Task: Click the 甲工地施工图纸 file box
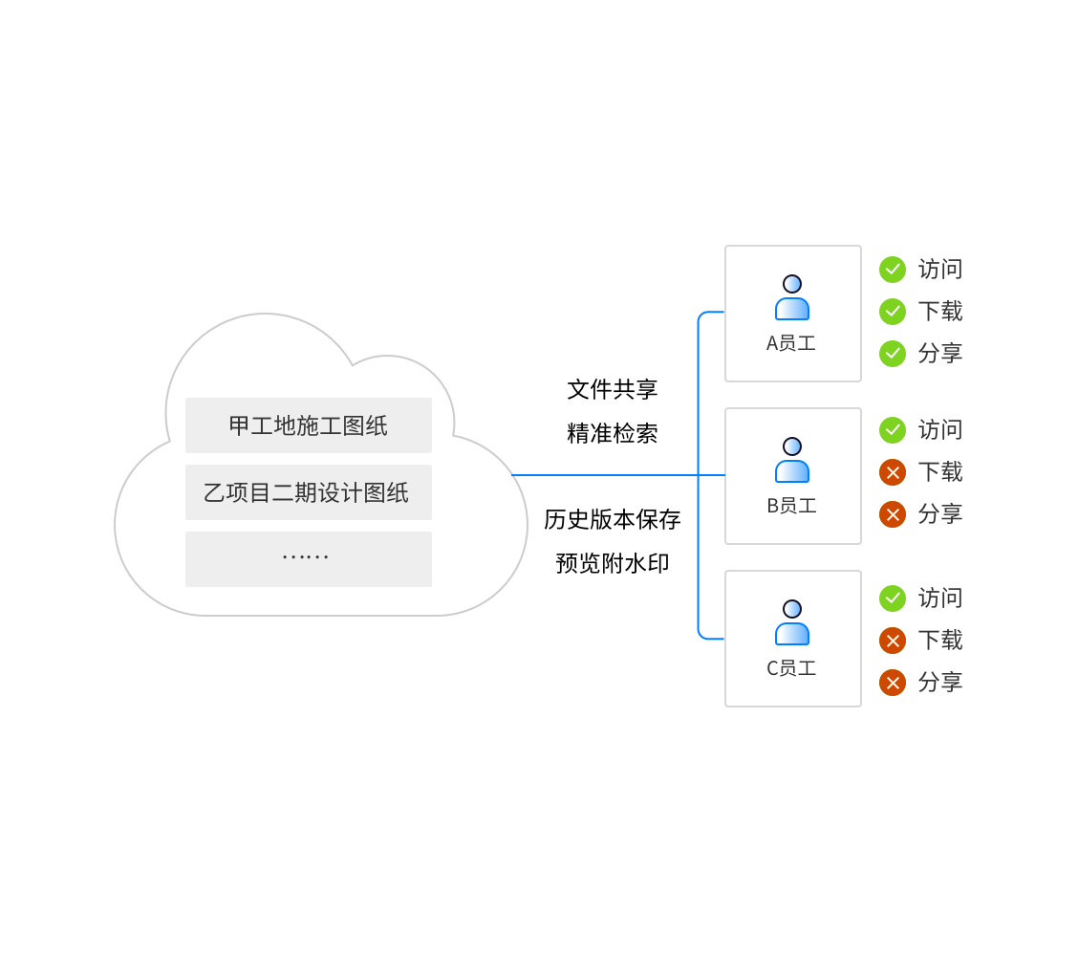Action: [308, 425]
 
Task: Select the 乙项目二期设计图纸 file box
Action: [308, 492]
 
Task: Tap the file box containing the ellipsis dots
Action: [308, 558]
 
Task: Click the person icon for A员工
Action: [792, 297]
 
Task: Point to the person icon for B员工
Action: [792, 460]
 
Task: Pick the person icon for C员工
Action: [792, 622]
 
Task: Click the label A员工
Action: [791, 343]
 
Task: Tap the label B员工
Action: [791, 506]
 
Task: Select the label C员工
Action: [791, 668]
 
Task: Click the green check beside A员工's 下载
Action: [893, 312]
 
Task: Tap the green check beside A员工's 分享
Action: [893, 354]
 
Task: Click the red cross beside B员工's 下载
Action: [893, 472]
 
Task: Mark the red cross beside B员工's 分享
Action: [893, 514]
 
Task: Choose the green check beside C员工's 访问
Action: [893, 598]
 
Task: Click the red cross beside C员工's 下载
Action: [893, 641]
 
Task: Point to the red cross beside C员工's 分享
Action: [893, 683]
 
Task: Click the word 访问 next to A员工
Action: [940, 270]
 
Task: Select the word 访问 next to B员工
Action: [940, 430]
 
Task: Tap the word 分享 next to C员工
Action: [940, 683]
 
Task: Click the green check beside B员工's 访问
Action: [893, 430]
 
